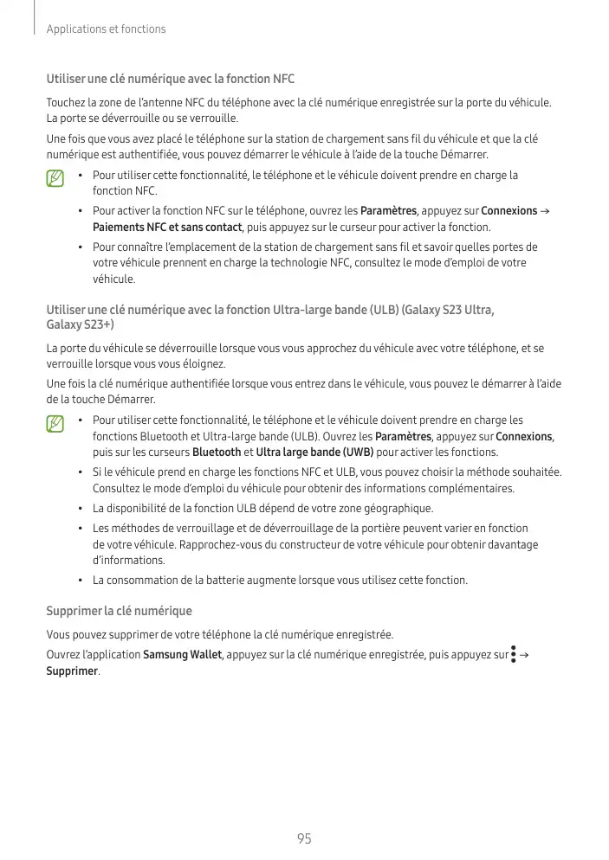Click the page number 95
point(304,838)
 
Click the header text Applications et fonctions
point(106,29)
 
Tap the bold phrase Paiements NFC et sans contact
point(168,228)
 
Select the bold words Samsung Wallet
point(183,655)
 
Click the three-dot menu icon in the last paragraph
point(514,654)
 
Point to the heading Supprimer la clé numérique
point(119,612)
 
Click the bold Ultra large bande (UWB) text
point(315,452)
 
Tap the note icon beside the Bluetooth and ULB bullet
point(56,424)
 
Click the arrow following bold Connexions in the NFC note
point(543,212)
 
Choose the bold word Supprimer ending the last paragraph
point(72,671)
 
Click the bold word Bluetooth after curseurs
point(217,452)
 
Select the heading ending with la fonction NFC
point(170,79)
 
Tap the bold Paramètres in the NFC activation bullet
point(388,211)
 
